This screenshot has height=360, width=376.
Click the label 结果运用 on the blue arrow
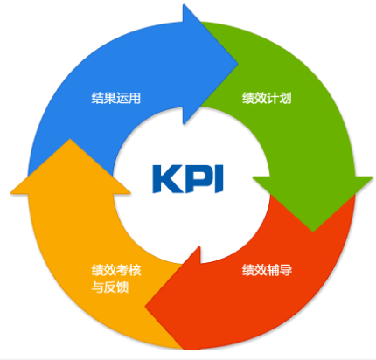click(116, 98)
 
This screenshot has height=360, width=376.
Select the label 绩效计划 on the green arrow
click(267, 98)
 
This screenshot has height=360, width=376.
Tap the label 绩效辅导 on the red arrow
click(267, 270)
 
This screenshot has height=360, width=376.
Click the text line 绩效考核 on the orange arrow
click(116, 270)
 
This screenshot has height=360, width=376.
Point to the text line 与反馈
click(110, 287)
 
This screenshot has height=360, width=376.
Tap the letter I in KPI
click(219, 179)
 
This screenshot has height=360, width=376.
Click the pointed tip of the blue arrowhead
click(238, 64)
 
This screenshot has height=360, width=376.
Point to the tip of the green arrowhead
click(313, 232)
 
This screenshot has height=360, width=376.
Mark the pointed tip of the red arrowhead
click(145, 306)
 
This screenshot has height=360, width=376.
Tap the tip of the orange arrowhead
click(70, 139)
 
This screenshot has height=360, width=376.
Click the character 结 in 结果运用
click(97, 98)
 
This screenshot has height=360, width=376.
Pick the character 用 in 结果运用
click(135, 98)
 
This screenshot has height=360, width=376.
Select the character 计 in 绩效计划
click(273, 98)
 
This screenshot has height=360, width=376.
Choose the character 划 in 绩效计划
click(286, 98)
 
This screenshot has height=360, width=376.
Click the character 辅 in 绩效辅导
click(273, 270)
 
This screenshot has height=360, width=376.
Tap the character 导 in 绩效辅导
click(286, 270)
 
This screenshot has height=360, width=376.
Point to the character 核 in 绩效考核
click(136, 270)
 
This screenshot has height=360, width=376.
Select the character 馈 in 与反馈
click(122, 287)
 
